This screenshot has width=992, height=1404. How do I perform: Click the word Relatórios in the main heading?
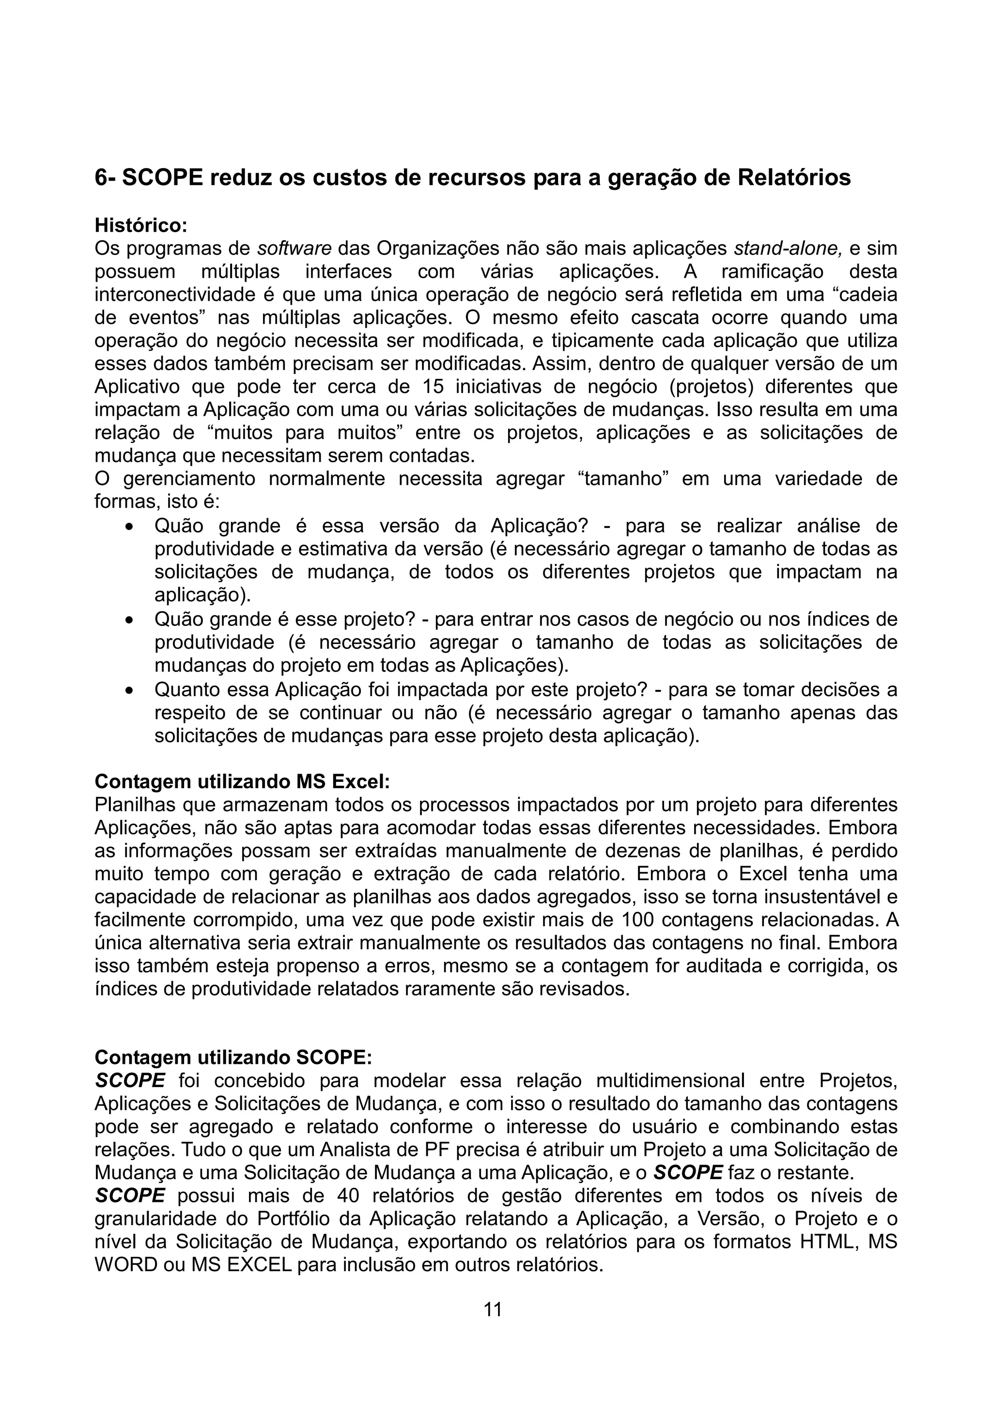[x=793, y=178]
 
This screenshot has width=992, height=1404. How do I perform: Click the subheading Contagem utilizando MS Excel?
[x=242, y=781]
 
